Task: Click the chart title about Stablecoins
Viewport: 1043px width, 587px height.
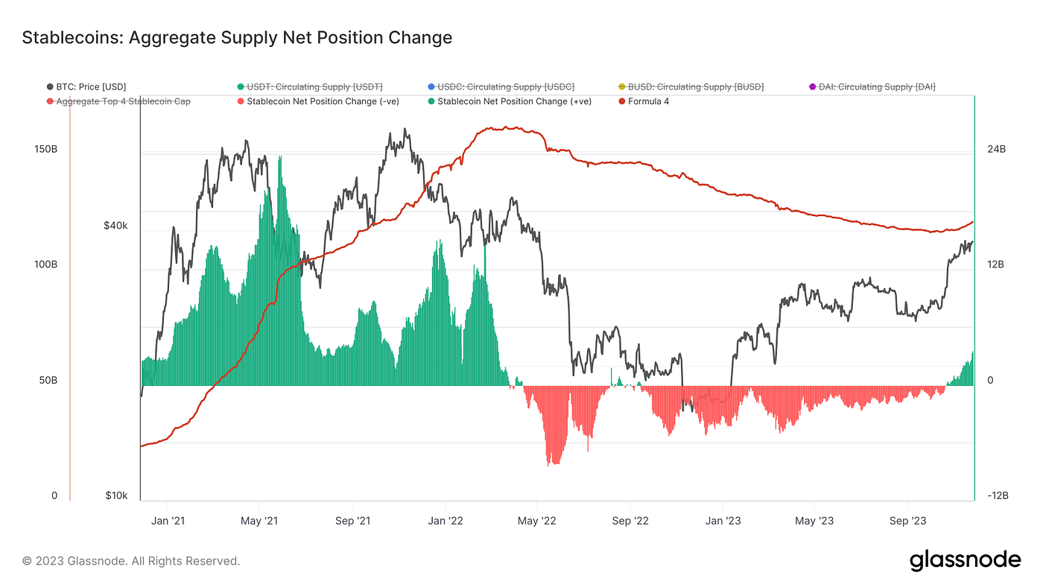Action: pos(237,37)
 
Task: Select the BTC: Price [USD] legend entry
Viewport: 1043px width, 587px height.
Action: pos(92,87)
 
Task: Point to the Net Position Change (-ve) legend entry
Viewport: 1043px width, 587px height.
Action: pos(323,101)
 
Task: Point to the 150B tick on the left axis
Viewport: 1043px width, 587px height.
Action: pos(45,149)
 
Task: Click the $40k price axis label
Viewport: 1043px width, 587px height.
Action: pos(115,225)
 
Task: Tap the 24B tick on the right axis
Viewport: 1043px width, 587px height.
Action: pos(996,149)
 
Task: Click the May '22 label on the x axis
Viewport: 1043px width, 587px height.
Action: pos(537,521)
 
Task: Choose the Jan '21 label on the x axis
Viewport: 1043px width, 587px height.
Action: pos(168,521)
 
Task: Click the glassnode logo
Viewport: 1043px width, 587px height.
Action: pos(965,560)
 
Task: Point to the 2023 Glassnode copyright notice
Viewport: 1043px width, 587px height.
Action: pos(131,561)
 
